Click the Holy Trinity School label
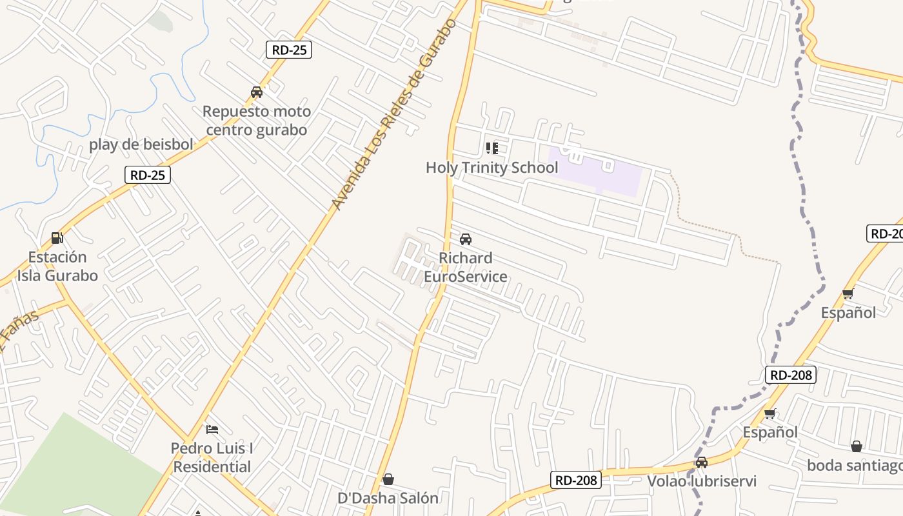(491, 168)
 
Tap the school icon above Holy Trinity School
(492, 148)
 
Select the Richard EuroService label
(465, 267)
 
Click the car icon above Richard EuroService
(465, 239)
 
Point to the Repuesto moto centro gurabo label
(257, 121)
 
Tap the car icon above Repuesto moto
(257, 92)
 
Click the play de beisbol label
(141, 144)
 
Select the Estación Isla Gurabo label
(57, 266)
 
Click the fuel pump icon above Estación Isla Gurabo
(57, 238)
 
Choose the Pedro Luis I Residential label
(212, 457)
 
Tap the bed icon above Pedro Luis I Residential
(212, 429)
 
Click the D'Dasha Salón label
(388, 498)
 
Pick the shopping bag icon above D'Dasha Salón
(388, 479)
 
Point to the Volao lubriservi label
(702, 481)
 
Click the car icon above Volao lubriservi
(702, 462)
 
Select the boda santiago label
(855, 465)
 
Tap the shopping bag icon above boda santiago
(857, 446)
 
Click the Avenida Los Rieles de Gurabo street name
(393, 115)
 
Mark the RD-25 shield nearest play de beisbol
(148, 175)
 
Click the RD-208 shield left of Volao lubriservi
(576, 480)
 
